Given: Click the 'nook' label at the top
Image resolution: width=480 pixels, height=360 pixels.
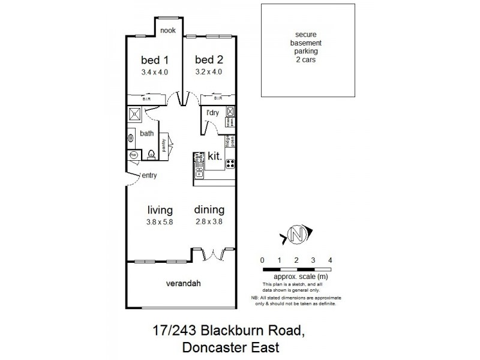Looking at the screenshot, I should [x=167, y=30].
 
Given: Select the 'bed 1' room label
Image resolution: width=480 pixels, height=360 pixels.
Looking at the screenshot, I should [x=154, y=59].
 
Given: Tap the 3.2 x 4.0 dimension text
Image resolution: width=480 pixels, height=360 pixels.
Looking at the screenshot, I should [x=209, y=71].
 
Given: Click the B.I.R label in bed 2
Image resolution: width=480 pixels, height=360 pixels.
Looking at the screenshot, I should [x=218, y=98].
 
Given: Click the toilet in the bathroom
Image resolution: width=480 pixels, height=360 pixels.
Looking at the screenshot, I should [x=151, y=154].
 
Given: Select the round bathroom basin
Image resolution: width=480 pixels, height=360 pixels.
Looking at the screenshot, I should [x=130, y=137].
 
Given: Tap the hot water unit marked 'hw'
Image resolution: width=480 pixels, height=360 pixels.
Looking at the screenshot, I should [x=133, y=155].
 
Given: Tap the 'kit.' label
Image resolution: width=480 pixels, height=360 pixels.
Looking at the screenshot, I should [x=214, y=156].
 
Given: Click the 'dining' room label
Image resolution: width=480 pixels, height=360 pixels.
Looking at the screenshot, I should [x=209, y=210].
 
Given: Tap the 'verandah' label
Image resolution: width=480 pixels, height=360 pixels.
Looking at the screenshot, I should [x=182, y=282].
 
